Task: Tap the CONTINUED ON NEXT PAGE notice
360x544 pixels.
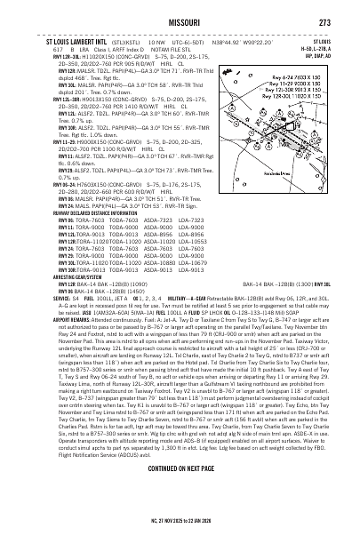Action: [180, 492]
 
